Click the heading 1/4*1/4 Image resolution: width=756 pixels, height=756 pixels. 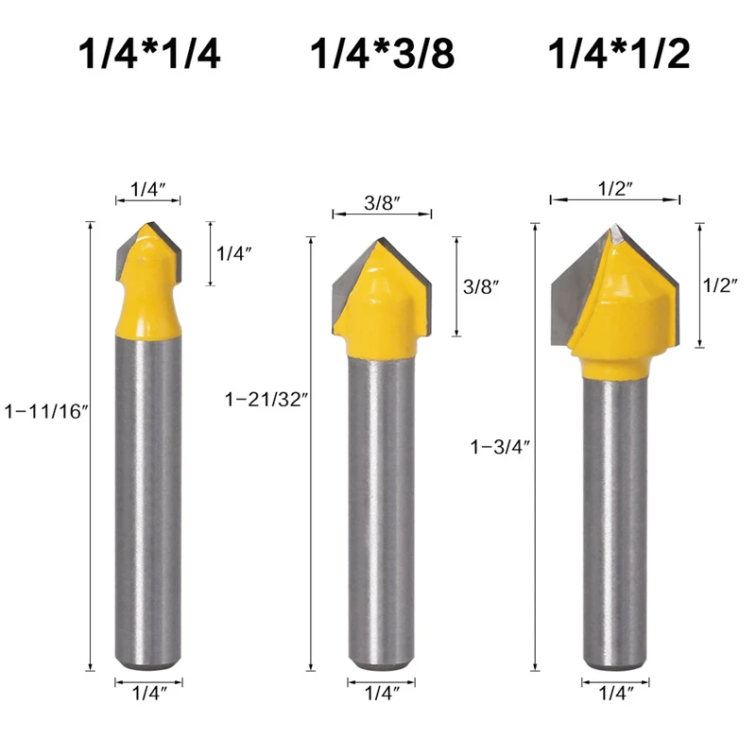[149, 54]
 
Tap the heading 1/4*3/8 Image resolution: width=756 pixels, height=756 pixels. [383, 54]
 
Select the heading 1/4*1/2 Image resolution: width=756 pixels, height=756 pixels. [619, 54]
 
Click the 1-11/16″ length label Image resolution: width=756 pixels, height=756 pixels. [46, 411]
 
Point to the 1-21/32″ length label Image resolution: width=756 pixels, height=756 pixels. [266, 399]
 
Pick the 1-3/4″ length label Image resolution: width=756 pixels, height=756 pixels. [500, 447]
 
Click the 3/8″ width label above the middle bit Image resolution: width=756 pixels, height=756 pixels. [383, 203]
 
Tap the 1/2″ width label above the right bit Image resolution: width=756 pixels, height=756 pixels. [615, 188]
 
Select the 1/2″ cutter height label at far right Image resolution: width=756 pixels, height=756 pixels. [720, 285]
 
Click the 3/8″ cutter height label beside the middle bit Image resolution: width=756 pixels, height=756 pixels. [481, 287]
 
